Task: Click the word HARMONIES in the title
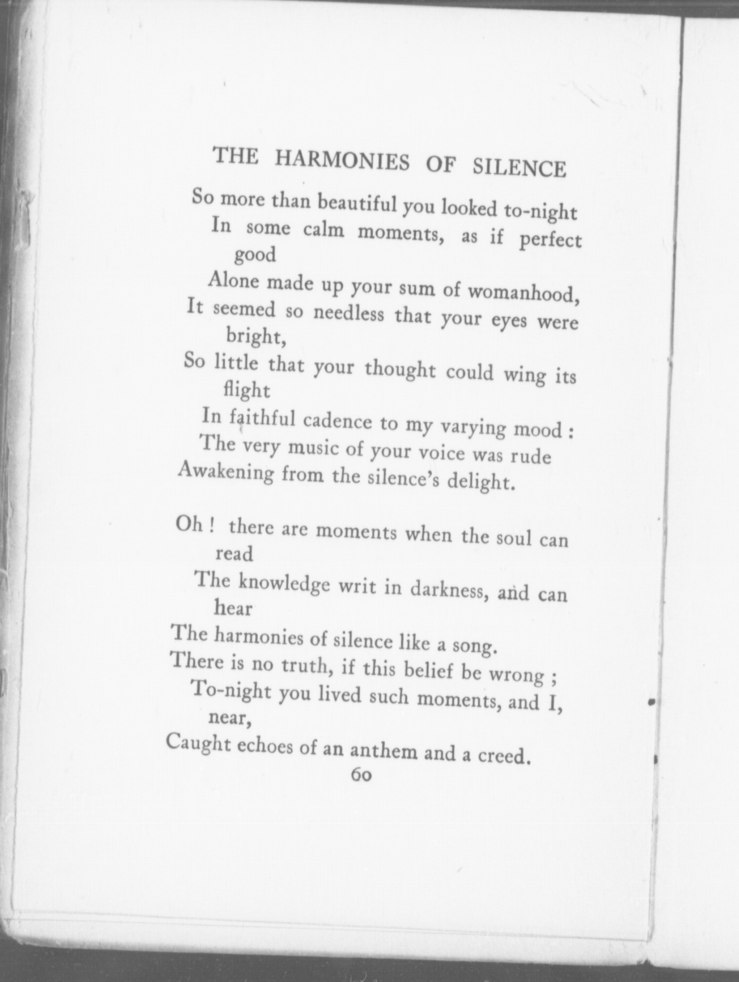pyautogui.click(x=341, y=162)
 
